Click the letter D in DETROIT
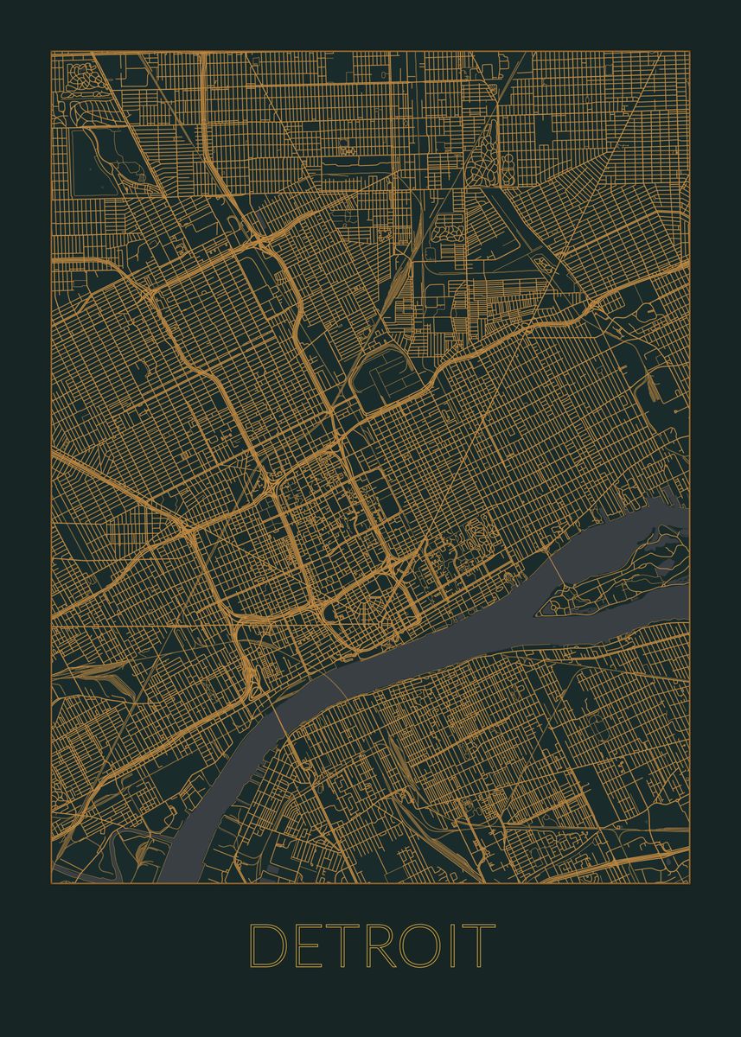267,945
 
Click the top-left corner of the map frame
51,51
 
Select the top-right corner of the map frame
689,51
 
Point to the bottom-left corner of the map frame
51,883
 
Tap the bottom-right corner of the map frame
689,883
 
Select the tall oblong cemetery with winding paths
486,151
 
